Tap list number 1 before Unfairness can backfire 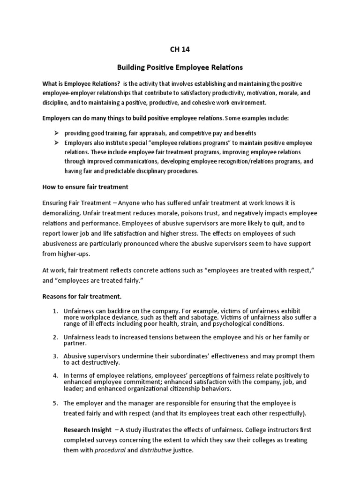pos(55,311)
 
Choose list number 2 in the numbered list pos(55,337)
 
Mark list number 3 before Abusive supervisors pos(55,356)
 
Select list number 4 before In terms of pos(55,376)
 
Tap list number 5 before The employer pos(55,403)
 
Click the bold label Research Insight pos(88,430)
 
